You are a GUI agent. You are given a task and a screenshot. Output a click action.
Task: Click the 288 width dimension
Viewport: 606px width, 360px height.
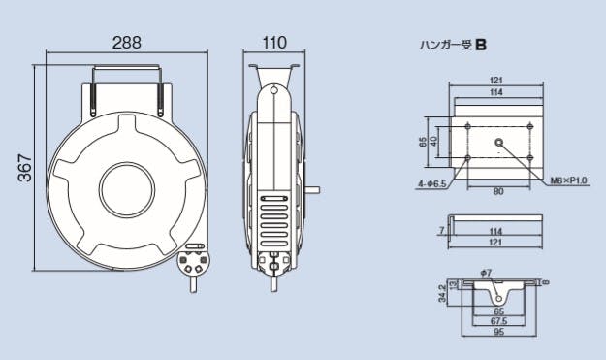(x=127, y=43)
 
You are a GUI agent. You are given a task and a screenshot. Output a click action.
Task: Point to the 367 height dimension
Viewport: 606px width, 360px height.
(x=25, y=168)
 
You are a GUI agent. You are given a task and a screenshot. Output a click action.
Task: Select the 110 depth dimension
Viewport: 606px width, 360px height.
(x=274, y=43)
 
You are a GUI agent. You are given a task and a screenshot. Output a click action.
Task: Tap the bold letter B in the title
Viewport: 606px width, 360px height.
(x=481, y=46)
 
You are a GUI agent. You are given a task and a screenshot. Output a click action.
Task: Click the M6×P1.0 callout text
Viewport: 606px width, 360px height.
(x=568, y=180)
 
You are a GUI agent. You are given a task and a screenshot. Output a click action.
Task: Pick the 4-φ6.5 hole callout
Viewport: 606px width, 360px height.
(x=432, y=184)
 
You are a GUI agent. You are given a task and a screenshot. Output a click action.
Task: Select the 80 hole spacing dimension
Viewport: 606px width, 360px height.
(x=498, y=191)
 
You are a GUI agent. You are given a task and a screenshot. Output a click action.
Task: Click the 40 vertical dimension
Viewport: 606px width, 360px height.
(x=434, y=141)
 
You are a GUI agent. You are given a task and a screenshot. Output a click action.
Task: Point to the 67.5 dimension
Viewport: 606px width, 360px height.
(x=498, y=321)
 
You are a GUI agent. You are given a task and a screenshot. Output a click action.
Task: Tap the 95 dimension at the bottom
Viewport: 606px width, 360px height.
(x=498, y=332)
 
